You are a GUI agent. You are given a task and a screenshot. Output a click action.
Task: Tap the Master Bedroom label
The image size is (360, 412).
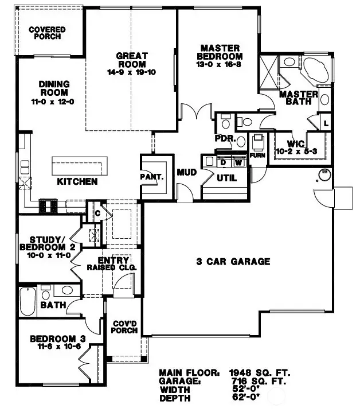pyautogui.click(x=220, y=52)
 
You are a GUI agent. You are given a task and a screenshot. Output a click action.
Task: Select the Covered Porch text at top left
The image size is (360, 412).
pyautogui.click(x=46, y=33)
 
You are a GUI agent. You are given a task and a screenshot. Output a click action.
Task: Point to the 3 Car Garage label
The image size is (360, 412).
pyautogui.click(x=233, y=262)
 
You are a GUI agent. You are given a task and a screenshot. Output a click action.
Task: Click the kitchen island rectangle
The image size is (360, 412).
pyautogui.click(x=80, y=166)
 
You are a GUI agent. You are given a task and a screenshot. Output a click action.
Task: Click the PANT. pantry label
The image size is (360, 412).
pyautogui.click(x=152, y=177)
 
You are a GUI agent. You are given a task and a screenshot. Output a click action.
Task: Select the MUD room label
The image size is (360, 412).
pyautogui.click(x=187, y=172)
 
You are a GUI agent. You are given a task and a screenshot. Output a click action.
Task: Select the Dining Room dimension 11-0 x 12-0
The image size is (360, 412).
pyautogui.click(x=54, y=101)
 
